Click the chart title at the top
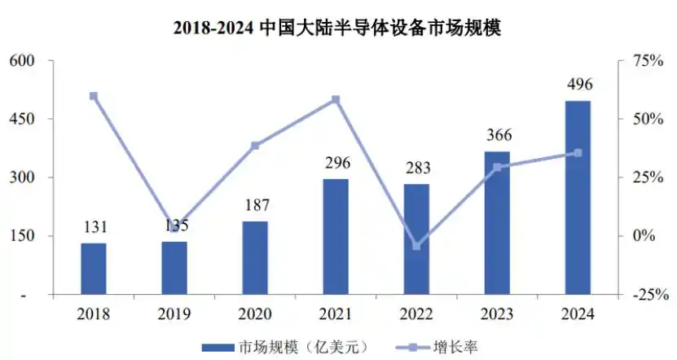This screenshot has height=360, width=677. [x=337, y=28]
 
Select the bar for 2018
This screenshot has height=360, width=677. [x=94, y=269]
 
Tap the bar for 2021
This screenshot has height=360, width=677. [x=336, y=236]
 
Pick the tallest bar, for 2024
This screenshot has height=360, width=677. [x=578, y=198]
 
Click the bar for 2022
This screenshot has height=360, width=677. [x=416, y=239]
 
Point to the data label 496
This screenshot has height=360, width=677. [x=579, y=84]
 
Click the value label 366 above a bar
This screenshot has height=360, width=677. [x=499, y=135]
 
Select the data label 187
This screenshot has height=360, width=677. [x=257, y=205]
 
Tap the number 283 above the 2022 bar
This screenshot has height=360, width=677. [x=418, y=168]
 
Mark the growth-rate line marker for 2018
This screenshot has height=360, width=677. [x=94, y=96]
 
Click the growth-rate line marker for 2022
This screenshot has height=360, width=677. [x=416, y=246]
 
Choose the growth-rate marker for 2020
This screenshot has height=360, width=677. [x=255, y=146]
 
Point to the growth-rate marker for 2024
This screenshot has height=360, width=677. [x=578, y=153]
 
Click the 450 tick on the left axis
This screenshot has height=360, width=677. [x=21, y=119]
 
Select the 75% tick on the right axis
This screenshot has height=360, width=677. [x=648, y=60]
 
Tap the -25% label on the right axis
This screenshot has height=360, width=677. [x=651, y=296]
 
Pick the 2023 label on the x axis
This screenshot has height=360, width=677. [x=497, y=314]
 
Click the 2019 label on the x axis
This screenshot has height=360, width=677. [x=174, y=314]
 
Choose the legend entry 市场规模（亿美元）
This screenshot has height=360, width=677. [x=286, y=347]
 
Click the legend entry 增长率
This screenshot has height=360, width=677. [x=437, y=347]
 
